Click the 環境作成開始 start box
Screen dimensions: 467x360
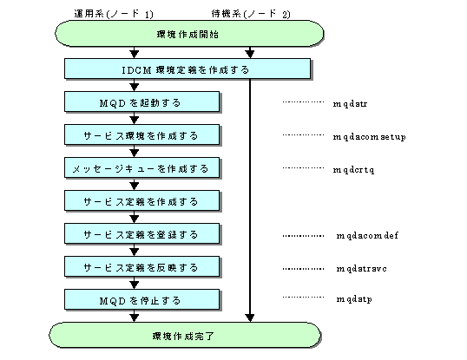(189, 33)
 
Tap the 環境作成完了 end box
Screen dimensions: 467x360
(185, 335)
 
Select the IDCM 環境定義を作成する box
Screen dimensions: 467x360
(187, 69)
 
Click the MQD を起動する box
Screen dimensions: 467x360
(141, 101)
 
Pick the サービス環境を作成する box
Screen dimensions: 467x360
(141, 134)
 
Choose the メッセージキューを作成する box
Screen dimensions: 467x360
(141, 167)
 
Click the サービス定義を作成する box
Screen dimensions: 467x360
(141, 201)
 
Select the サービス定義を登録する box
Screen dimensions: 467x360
(141, 234)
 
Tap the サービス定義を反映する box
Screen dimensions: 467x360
(141, 267)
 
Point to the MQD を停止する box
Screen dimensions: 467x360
(141, 299)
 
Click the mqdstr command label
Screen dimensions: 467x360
(350, 104)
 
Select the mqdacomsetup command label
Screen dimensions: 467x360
(369, 137)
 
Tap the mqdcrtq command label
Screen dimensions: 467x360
(353, 170)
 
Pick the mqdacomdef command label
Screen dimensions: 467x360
(367, 236)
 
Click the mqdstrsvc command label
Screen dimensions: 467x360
(362, 269)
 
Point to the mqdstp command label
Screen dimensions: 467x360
(354, 299)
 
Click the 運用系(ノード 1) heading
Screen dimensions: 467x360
(114, 14)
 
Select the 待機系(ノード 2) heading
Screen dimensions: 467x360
(251, 14)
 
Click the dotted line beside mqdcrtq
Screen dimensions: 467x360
(303, 167)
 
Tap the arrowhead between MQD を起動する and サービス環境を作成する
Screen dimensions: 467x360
(135, 121)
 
